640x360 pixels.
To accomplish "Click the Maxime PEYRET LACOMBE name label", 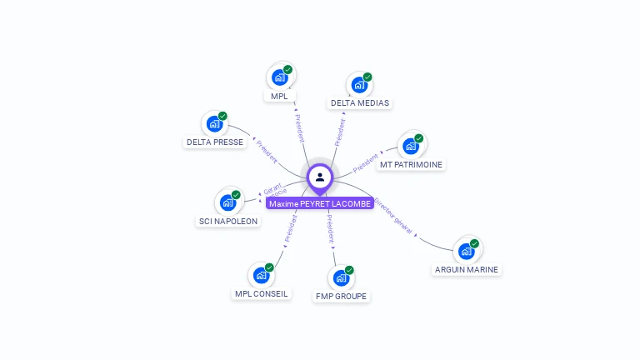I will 319,203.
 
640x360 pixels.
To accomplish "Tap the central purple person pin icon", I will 320,177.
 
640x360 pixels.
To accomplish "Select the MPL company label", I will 279,97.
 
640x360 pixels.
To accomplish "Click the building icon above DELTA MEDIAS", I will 359,85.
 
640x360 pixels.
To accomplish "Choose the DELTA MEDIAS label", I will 359,103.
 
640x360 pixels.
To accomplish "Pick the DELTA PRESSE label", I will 215,142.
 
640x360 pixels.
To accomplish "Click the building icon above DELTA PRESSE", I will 215,124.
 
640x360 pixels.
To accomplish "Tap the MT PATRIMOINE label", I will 411,164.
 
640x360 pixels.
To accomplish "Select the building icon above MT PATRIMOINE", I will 411,146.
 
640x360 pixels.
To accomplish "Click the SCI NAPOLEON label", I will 227,221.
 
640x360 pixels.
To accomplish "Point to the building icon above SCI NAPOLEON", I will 227,202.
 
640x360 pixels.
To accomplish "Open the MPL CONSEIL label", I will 261,293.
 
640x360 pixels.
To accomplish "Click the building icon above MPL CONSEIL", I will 261,275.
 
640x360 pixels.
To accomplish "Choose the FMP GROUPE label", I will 341,296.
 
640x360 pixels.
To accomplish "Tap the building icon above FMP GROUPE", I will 341,277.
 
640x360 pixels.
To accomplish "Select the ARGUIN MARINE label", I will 467,269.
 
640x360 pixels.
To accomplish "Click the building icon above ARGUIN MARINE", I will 467,251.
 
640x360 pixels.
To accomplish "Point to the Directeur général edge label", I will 393,215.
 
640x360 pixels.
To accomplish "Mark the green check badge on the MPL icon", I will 287,70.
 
